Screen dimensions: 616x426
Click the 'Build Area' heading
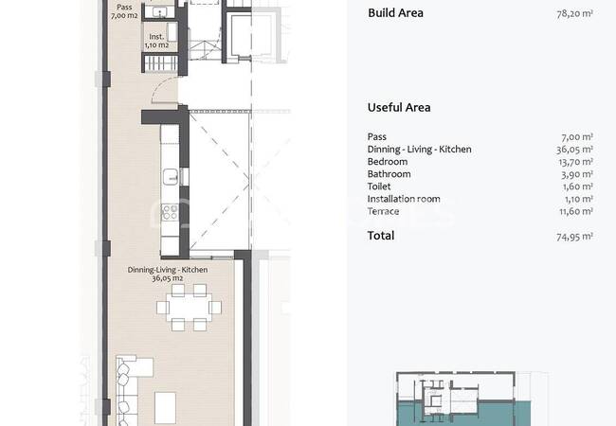point(395,13)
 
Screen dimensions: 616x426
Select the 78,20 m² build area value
point(574,14)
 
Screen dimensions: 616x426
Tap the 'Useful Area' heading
point(399,108)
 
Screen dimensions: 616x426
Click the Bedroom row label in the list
point(388,162)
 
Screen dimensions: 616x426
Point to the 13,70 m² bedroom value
point(575,162)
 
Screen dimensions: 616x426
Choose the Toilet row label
point(379,186)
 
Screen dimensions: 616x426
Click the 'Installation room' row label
point(404,199)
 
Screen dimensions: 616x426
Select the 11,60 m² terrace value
point(576,211)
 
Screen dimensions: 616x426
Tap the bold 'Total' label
point(381,236)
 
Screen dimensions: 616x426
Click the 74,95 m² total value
point(574,237)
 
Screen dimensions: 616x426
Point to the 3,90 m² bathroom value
point(577,174)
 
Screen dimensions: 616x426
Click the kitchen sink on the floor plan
point(171,176)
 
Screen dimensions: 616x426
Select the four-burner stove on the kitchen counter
point(170,212)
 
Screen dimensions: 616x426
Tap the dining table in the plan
point(189,307)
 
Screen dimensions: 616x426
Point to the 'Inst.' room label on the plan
point(156,37)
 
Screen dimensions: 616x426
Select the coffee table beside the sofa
point(165,408)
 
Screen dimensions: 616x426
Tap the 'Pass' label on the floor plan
point(124,7)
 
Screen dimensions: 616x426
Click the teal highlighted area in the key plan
point(463,414)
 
